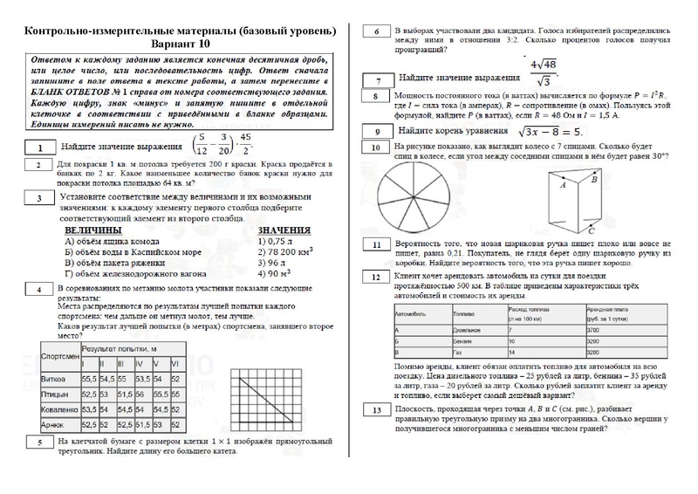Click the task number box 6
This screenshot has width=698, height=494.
click(x=376, y=32)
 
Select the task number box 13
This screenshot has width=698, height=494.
click(x=376, y=410)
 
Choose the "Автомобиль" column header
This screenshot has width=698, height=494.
click(x=411, y=312)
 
